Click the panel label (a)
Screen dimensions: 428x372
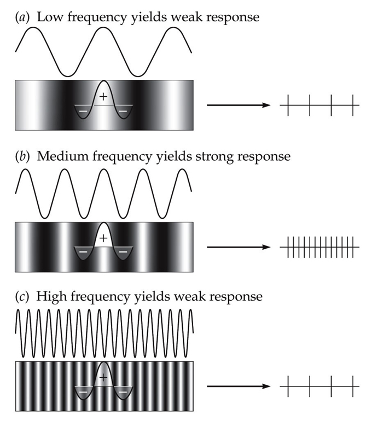pos(22,17)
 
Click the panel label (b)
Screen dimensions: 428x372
pos(22,157)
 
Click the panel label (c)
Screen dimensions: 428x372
pos(22,297)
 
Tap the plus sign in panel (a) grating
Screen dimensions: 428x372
pos(103,97)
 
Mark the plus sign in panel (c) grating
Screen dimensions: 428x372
pos(103,378)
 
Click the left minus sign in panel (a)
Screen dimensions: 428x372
pos(82,111)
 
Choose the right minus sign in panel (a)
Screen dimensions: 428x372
pos(124,111)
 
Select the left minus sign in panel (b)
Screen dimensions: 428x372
pos(82,252)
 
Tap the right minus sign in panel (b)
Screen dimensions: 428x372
pos(124,252)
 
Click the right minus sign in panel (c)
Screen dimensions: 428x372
pos(124,392)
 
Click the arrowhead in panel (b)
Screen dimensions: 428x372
pos(267,247)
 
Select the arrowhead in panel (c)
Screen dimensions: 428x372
pos(267,386)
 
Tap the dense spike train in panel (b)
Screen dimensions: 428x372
pos(320,247)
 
